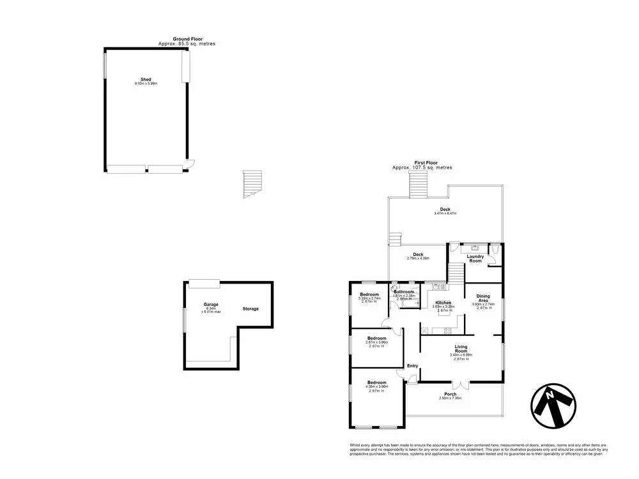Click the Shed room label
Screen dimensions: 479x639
(x=146, y=80)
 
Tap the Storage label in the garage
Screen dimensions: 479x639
(x=250, y=308)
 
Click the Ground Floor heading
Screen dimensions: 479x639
(x=187, y=39)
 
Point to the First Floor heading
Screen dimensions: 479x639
(x=422, y=163)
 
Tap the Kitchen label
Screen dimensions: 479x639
(x=443, y=302)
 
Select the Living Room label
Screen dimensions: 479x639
(x=461, y=349)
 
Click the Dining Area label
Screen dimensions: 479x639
(x=483, y=298)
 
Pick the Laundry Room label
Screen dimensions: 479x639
(x=475, y=259)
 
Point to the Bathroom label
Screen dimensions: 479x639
(x=404, y=292)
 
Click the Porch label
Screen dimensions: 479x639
(x=450, y=394)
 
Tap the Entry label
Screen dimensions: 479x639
(x=413, y=365)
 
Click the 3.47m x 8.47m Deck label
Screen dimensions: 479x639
(x=445, y=209)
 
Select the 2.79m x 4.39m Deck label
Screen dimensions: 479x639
(x=418, y=254)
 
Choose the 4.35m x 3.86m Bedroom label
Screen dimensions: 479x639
(x=376, y=383)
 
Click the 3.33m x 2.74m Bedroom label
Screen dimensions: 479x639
(x=369, y=294)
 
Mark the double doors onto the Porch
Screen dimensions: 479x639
(x=460, y=385)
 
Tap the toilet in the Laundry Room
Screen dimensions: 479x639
(x=496, y=248)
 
